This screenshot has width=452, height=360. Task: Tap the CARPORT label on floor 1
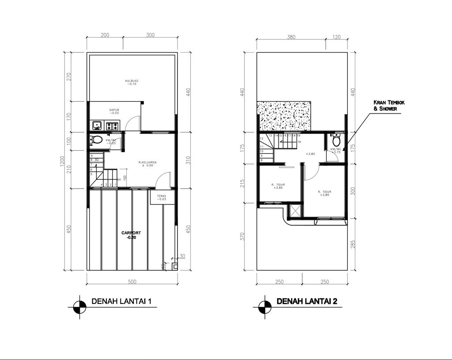[x=131, y=235]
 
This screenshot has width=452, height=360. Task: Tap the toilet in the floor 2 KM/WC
[x=336, y=141]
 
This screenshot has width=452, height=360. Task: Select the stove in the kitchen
[x=112, y=125]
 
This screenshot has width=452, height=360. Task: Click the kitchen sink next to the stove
[x=97, y=125]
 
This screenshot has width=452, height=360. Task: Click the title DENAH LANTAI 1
[x=121, y=302]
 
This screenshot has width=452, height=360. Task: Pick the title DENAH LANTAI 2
[x=307, y=302]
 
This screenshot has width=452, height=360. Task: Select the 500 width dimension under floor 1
[x=132, y=281]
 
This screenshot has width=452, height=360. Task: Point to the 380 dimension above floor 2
[x=291, y=38]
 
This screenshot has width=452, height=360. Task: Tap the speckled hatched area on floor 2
[x=285, y=116]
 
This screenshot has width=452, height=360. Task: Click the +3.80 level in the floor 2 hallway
[x=310, y=154]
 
